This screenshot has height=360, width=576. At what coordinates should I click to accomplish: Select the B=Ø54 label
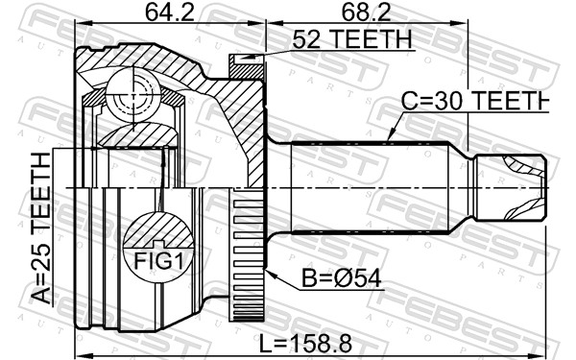pyautogui.click(x=342, y=278)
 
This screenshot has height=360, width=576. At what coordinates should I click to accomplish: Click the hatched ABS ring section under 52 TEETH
pyautogui.click(x=248, y=67)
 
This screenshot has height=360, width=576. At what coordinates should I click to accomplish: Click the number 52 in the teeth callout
pyautogui.click(x=303, y=39)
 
